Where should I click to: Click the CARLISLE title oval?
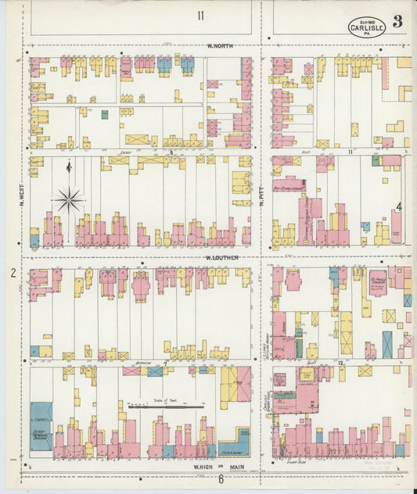point(366,27)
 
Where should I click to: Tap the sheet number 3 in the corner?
point(397,21)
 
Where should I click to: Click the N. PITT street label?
point(264,199)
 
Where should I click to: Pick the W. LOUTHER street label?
point(221,257)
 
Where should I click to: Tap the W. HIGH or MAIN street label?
point(221,467)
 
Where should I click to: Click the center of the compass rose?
point(69,201)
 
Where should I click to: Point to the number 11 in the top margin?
point(201,16)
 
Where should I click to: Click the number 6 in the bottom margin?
point(221,479)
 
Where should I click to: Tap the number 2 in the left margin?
point(13,273)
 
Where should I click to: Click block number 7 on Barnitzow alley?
point(165,363)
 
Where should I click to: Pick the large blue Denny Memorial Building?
point(41,426)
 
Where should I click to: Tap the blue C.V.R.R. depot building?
point(234,443)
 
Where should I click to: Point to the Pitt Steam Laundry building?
point(289,188)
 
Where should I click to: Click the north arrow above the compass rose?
point(69,166)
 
